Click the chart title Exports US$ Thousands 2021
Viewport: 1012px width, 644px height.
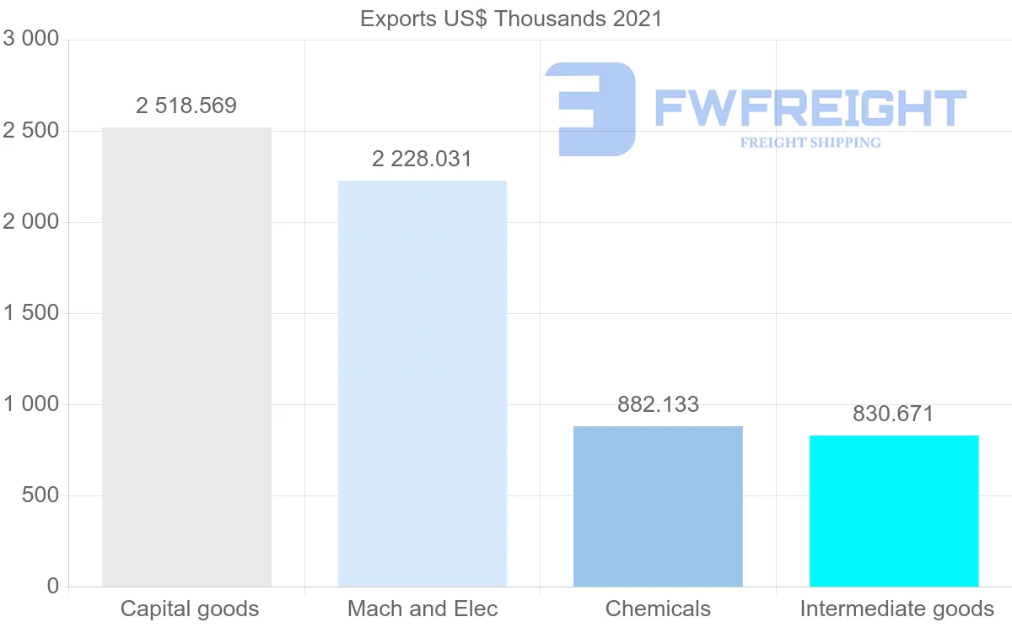tap(511, 19)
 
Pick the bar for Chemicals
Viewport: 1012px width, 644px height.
tap(658, 506)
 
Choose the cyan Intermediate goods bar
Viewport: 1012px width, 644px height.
tap(894, 511)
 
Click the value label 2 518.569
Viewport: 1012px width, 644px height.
tap(186, 106)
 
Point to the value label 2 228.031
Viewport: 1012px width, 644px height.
tap(423, 159)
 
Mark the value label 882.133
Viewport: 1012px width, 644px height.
tap(658, 404)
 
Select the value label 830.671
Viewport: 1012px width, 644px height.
tap(894, 414)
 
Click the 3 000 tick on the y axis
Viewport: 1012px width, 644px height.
tap(31, 39)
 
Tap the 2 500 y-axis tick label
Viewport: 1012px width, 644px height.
tap(31, 131)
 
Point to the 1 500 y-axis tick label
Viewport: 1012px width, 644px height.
tap(31, 313)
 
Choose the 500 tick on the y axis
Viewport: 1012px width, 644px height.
tap(40, 495)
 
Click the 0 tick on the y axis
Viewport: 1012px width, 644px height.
tap(53, 587)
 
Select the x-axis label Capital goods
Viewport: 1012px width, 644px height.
tap(190, 609)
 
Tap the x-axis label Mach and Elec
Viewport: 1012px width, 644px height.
tap(423, 609)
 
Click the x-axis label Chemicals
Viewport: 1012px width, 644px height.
tap(658, 609)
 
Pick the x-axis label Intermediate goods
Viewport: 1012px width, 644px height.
tap(897, 609)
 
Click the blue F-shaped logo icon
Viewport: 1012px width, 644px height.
tap(590, 109)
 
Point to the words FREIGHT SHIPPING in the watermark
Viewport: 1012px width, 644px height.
tap(810, 143)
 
